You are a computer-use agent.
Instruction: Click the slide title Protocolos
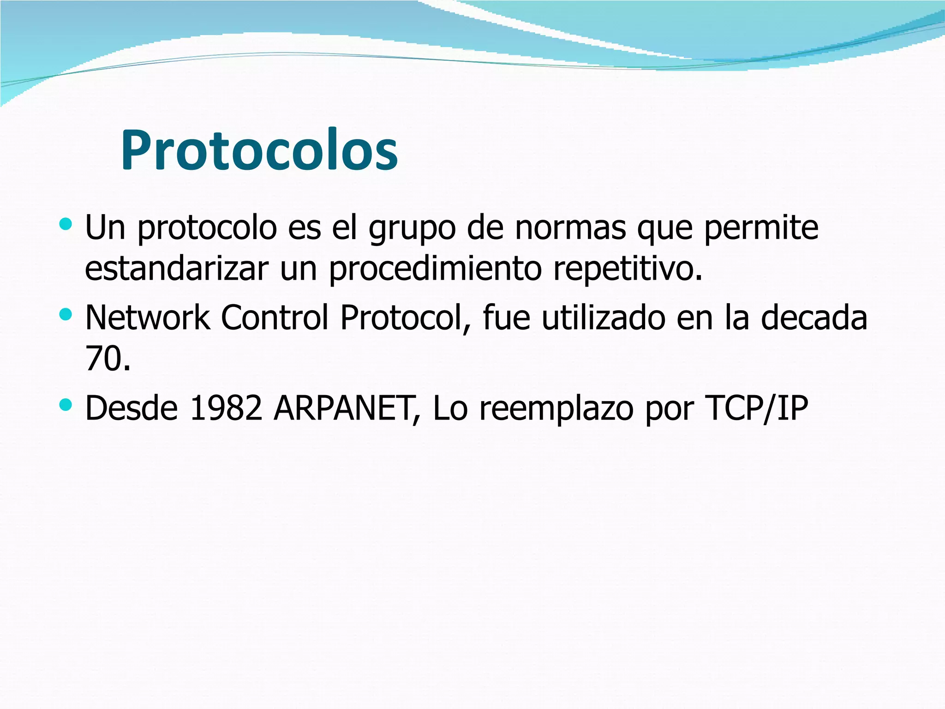tap(259, 150)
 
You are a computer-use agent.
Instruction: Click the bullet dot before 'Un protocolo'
tap(66, 225)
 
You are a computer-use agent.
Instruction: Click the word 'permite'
tap(761, 228)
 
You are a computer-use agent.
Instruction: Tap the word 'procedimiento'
tap(435, 270)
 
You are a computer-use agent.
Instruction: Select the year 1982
tap(226, 408)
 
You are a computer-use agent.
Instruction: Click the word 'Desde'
tap(132, 408)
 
